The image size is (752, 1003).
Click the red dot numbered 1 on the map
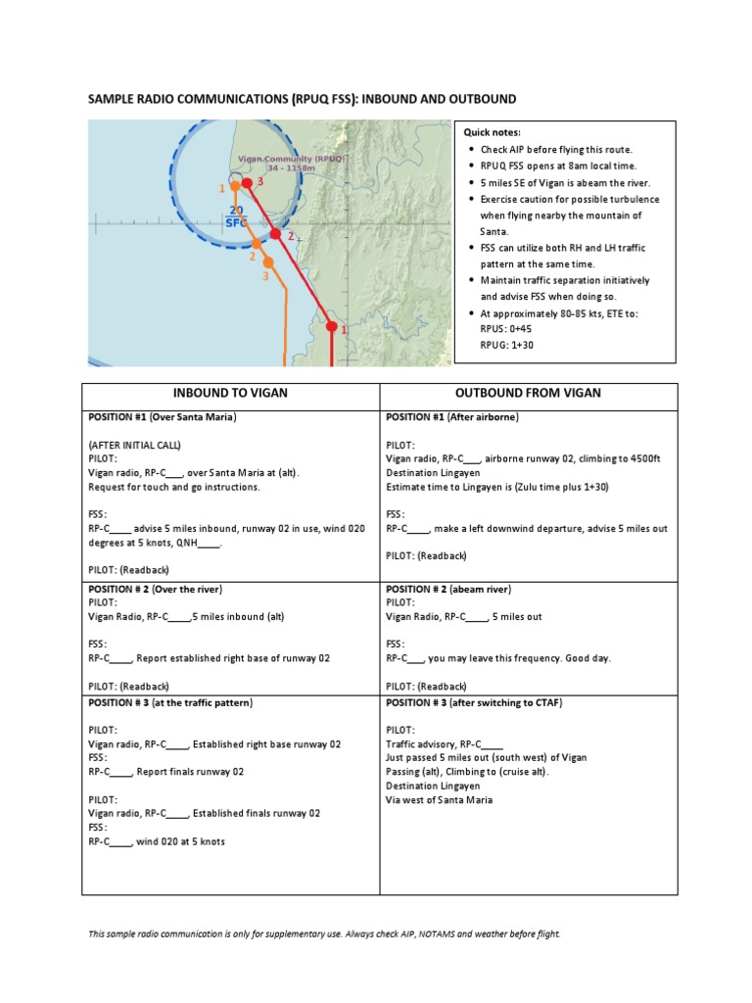pos(331,327)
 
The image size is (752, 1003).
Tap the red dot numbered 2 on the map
pos(276,233)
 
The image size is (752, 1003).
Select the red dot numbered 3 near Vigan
pos(248,183)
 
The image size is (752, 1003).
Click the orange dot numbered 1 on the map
pos(235,186)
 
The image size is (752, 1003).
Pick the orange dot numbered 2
pos(257,243)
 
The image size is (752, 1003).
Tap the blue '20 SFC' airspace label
pos(236,216)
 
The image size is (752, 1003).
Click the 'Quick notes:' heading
pos(493,132)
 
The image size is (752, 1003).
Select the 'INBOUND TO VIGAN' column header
pos(230,393)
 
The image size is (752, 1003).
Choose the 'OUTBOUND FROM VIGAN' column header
pos(529,393)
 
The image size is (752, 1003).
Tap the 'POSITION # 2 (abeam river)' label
pos(449,590)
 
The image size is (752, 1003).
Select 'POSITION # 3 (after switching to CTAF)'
pos(474,703)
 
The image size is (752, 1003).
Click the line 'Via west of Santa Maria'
pos(440,799)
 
